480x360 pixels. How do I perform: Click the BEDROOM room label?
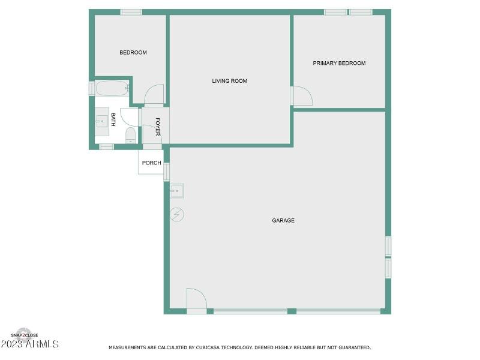pyautogui.click(x=133, y=53)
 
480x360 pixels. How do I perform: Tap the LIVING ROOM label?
pyautogui.click(x=229, y=81)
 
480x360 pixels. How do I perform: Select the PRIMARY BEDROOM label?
pyautogui.click(x=339, y=63)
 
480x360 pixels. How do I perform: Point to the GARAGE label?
pyautogui.click(x=283, y=221)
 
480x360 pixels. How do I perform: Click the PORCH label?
pyautogui.click(x=151, y=163)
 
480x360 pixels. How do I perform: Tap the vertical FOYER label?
pyautogui.click(x=158, y=127)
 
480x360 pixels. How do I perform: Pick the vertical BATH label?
pyautogui.click(x=113, y=119)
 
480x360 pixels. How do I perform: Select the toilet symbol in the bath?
pyautogui.click(x=130, y=135)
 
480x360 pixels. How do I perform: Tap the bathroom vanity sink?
pyautogui.click(x=101, y=121)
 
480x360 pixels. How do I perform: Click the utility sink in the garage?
pyautogui.click(x=176, y=191)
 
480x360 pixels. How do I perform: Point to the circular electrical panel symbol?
pyautogui.click(x=177, y=214)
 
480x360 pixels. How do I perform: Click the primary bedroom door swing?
pyautogui.click(x=302, y=96)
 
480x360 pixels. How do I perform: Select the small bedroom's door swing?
pyautogui.click(x=154, y=94)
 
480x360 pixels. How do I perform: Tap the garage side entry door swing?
pyautogui.click(x=196, y=298)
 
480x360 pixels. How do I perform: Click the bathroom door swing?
pyautogui.click(x=130, y=117)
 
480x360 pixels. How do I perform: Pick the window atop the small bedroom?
pyautogui.click(x=131, y=12)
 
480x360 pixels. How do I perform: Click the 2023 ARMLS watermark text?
pyautogui.click(x=30, y=344)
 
